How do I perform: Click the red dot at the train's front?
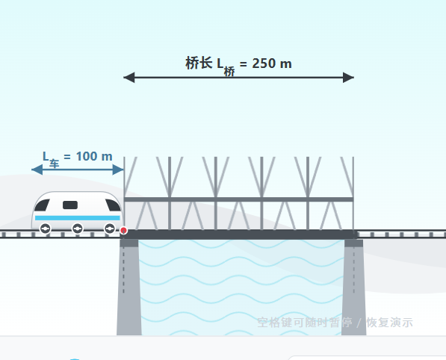coord(123,230)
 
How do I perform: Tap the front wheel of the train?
coord(110,229)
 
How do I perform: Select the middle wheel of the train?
coord(78,229)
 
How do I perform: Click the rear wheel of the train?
coord(46,229)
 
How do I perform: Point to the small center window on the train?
coord(70,205)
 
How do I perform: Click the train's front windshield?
coord(113,205)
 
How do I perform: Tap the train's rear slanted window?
coord(42,205)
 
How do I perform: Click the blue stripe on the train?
coord(78,218)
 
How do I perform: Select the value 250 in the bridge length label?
coord(264,63)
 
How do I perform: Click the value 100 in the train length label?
coord(87,156)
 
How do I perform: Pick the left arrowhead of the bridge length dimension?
coord(128,78)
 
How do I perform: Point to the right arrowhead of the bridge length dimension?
coord(348,78)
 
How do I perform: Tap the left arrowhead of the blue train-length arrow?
coord(37,170)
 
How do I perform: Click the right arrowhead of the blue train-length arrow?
coord(118,170)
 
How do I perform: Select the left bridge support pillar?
coord(129,288)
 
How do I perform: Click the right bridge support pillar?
coord(354,288)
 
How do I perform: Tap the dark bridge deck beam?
coord(238,235)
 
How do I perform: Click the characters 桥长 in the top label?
coord(199,63)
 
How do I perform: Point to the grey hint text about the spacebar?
coord(335,323)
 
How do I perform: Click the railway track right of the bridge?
coord(402,234)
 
